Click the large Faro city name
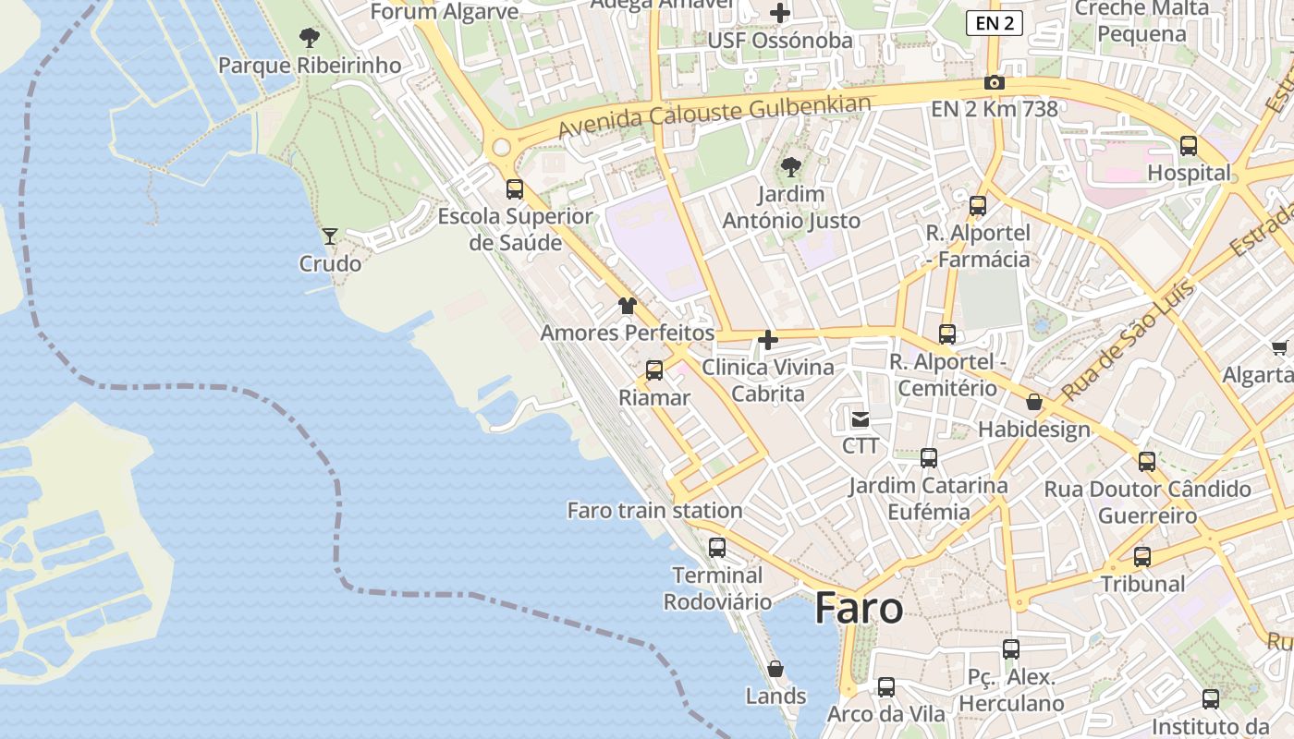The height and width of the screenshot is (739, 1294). [x=859, y=609]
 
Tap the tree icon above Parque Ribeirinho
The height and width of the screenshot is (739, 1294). [x=310, y=38]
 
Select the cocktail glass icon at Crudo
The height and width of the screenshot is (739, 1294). [x=330, y=236]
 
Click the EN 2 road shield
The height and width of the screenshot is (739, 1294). [x=995, y=23]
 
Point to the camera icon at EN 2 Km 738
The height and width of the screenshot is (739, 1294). [x=995, y=82]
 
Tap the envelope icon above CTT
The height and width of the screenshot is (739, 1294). [x=861, y=419]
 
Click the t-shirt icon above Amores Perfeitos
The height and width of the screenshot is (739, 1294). [x=628, y=306]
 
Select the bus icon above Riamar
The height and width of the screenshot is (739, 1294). [x=654, y=370]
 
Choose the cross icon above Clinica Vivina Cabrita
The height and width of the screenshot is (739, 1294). [x=767, y=340]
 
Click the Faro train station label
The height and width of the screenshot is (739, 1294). [x=654, y=510]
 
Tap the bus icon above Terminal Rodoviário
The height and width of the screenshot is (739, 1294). [x=717, y=548]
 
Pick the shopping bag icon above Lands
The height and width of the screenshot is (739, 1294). [x=775, y=669]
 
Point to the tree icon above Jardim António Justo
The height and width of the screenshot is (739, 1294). [x=790, y=167]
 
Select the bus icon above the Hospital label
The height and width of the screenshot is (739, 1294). [x=1189, y=146]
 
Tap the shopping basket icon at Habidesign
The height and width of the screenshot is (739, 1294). [x=1034, y=403]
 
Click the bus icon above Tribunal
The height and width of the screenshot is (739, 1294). [x=1142, y=557]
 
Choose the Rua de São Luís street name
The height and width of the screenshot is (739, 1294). [x=1128, y=343]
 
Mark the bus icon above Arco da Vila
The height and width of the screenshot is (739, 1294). [x=886, y=687]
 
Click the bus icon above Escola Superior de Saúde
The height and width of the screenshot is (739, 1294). [x=515, y=189]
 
